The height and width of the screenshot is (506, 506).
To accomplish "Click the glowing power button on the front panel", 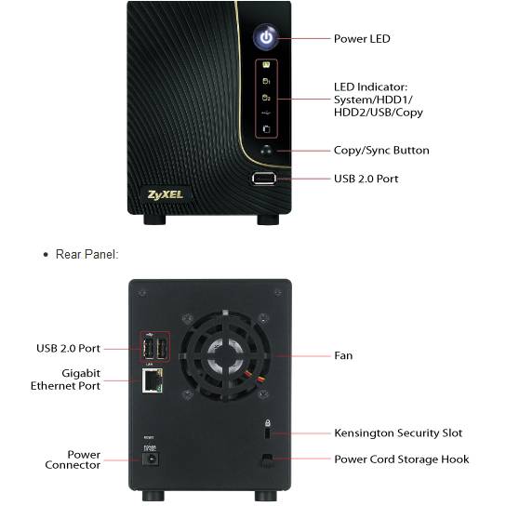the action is click(x=266, y=37).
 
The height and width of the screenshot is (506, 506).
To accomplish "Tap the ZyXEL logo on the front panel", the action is click(x=166, y=195).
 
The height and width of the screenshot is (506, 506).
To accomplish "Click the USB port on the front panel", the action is click(x=264, y=179).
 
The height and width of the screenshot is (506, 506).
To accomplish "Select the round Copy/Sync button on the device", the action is click(x=267, y=150).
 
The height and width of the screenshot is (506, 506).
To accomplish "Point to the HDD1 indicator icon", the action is click(x=266, y=81).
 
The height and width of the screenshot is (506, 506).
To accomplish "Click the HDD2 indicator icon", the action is click(x=266, y=97).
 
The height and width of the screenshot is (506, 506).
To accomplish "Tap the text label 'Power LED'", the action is click(x=362, y=39).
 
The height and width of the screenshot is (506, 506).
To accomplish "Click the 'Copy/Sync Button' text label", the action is click(x=381, y=151).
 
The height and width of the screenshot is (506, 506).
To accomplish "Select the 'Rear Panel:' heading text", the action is click(x=87, y=254).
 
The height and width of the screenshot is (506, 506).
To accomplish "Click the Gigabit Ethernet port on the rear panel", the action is click(x=153, y=380).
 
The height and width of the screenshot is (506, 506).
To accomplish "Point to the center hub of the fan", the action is click(x=225, y=354).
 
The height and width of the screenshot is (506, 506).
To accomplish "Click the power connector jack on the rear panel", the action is click(x=151, y=459).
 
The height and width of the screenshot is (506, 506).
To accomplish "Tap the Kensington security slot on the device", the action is click(x=267, y=433).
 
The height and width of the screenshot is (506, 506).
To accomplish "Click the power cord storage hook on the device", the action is click(x=267, y=459).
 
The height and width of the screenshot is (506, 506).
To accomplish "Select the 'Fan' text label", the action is click(x=343, y=355).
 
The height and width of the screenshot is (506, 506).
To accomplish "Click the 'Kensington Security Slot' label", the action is click(x=398, y=433).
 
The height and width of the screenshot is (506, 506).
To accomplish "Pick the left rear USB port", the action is click(x=149, y=349).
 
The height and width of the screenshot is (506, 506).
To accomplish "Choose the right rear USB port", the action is click(x=162, y=349).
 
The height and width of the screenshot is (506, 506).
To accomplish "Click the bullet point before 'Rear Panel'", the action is click(x=46, y=255).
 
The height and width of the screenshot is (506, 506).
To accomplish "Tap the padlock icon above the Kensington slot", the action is click(x=268, y=422).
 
